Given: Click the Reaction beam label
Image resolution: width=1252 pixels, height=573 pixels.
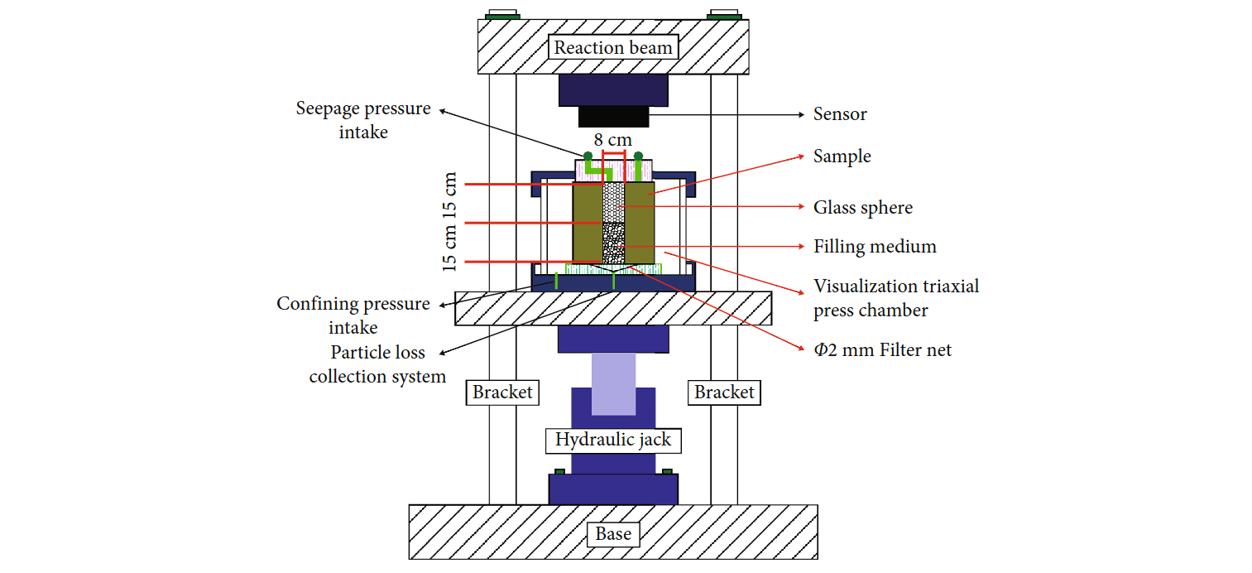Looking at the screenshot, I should (613, 47).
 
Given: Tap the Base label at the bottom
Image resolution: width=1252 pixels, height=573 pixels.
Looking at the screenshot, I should (613, 534).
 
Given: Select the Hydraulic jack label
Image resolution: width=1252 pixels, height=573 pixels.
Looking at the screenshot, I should (613, 440).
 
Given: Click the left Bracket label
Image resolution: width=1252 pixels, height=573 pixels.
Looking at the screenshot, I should (502, 392).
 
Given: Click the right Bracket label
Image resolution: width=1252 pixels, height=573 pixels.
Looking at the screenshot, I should (724, 392).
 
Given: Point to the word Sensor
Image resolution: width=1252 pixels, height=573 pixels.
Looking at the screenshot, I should (840, 114).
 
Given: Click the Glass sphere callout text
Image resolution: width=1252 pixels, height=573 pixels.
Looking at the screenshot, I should (863, 208).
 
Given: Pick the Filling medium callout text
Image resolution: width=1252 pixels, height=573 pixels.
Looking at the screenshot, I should (875, 247).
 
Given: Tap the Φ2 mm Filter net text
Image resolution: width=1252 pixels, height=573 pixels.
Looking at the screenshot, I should (882, 350).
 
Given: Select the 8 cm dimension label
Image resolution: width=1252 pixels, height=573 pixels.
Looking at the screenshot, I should (613, 140).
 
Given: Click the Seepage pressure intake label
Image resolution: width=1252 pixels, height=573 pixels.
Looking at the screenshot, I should (363, 120).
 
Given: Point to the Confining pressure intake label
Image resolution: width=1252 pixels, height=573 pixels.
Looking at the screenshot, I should (353, 315).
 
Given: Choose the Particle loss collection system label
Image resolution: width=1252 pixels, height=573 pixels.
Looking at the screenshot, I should (377, 364).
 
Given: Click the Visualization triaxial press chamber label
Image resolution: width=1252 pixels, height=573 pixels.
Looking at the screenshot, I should (895, 298).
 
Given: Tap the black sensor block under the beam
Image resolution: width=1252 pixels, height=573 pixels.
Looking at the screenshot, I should (613, 118).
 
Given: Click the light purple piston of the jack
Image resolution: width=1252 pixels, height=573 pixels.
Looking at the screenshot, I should (613, 383).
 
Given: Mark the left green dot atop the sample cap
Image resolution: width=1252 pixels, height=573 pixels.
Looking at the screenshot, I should (588, 156).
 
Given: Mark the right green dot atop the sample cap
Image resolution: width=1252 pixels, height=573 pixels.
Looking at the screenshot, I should (639, 156).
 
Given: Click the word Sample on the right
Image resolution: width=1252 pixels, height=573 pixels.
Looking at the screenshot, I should (842, 156).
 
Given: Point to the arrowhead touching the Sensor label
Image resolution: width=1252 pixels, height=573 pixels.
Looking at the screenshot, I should (802, 114).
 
